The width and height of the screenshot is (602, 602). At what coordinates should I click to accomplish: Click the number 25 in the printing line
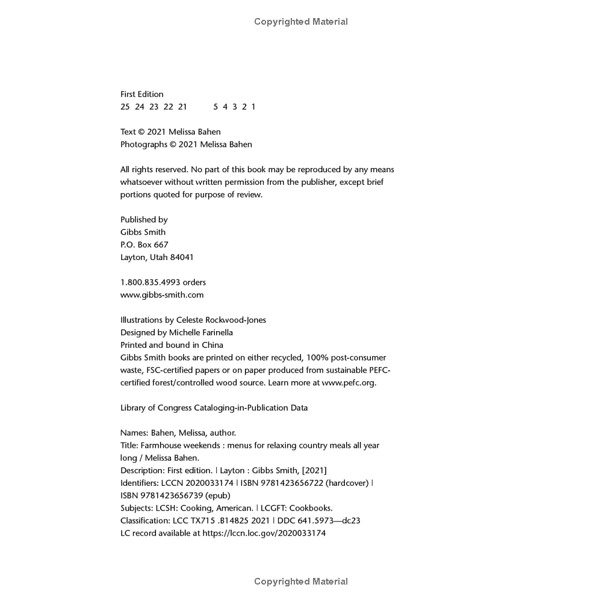point(125,107)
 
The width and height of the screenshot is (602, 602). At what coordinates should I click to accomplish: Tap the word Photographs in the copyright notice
point(143,144)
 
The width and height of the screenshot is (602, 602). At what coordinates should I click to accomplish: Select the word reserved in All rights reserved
point(172,170)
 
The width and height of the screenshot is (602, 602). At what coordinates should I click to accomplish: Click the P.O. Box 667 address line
point(144,244)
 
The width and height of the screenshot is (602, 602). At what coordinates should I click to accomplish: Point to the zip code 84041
point(182,257)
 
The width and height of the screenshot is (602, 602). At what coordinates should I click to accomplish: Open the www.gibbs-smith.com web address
point(162,295)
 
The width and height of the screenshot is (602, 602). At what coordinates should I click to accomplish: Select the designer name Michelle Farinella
point(201,332)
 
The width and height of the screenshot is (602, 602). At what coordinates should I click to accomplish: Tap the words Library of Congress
point(156,408)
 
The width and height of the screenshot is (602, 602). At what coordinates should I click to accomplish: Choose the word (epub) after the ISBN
point(217,495)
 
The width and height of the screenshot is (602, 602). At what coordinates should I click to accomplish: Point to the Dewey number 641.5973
point(317,521)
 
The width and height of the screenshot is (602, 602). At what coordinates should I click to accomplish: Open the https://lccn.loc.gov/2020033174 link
point(264,533)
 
